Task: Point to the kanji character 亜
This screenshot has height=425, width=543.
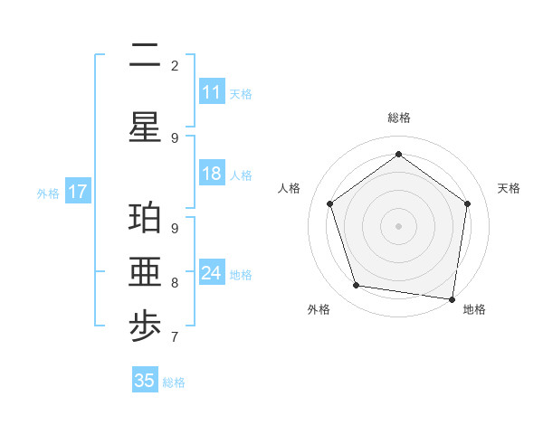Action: pos(145,275)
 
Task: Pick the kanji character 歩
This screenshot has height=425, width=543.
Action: pos(145,329)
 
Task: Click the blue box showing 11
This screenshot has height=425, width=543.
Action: pos(211,92)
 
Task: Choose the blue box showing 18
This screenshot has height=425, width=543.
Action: pos(211,174)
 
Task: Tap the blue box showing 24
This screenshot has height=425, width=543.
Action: pos(211,273)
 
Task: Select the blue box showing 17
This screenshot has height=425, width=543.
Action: pos(78,192)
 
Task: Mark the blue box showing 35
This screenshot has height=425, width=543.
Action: pos(145,381)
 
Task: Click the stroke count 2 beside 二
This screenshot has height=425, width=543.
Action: pos(175,65)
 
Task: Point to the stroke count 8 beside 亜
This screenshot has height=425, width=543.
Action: pos(175,282)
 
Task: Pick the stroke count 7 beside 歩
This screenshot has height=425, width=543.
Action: pos(175,337)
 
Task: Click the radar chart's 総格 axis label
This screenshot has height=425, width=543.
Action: pos(398,118)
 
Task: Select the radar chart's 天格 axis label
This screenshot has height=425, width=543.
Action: pos(509,188)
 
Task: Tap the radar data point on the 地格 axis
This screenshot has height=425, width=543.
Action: pos(452,298)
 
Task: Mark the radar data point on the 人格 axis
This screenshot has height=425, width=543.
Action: pos(329,203)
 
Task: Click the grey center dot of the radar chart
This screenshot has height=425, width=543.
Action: pos(398,225)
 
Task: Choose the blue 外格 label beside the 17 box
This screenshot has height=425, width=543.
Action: pos(47,193)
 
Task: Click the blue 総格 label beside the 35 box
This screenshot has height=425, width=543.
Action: pos(174,382)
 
